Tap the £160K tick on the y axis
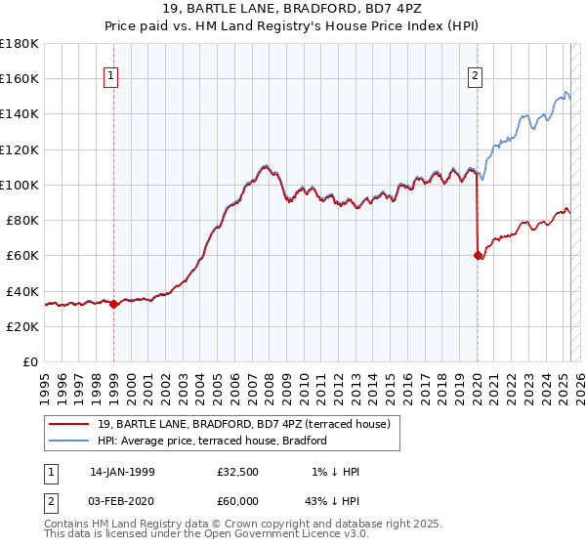point(20,78)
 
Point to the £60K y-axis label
point(22,255)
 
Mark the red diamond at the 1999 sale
point(113,304)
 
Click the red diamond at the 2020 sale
point(478,255)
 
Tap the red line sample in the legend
point(70,424)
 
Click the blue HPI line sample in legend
point(70,441)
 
